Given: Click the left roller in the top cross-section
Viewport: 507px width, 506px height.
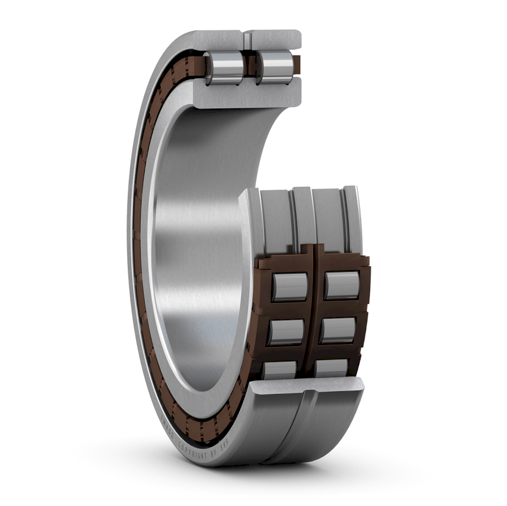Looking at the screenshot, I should (224, 67).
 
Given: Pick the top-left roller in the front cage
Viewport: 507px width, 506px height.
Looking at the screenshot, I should (290, 286).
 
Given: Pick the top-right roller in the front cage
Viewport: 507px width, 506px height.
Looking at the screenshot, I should (342, 285).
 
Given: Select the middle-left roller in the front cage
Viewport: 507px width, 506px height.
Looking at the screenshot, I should (286, 332).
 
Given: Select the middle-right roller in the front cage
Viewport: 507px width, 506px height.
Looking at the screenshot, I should (337, 330).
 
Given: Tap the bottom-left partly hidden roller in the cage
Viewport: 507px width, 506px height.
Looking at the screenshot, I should (280, 369).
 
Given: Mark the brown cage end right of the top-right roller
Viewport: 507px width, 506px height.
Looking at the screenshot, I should (364, 284).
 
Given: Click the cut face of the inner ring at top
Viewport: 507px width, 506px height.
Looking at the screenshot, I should (248, 96).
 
